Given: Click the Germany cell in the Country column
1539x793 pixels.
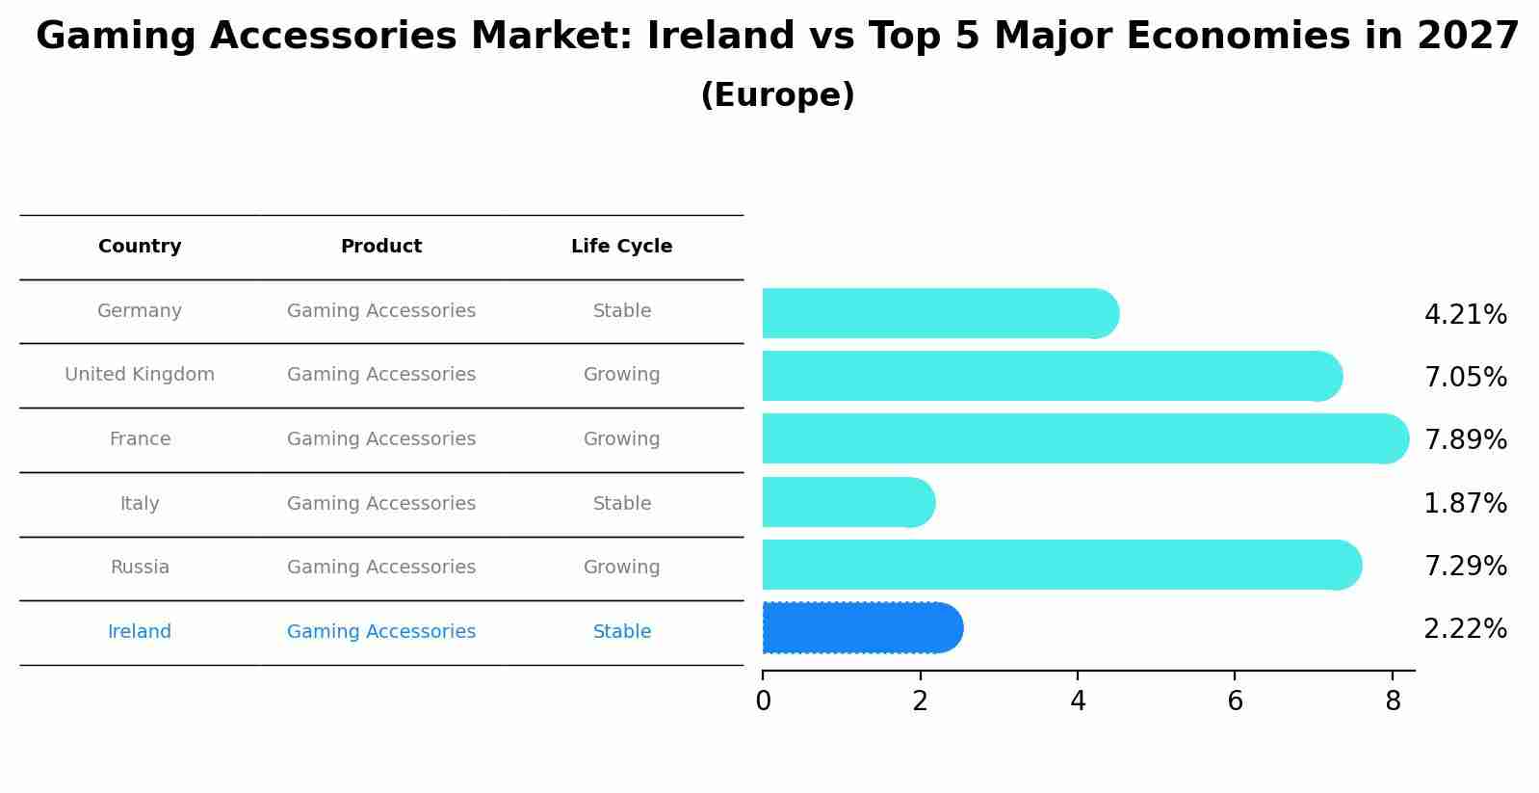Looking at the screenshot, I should [140, 311].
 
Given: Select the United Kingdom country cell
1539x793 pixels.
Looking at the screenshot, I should [140, 375].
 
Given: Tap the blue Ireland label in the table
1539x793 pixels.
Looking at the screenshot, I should [140, 632].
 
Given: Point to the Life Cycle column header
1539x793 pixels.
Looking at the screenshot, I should [621, 247].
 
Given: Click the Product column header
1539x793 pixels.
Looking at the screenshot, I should [381, 247].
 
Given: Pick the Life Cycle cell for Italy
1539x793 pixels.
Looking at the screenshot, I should [621, 504].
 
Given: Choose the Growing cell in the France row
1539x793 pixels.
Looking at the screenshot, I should [621, 439].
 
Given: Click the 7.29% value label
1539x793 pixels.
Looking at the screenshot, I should [1465, 567].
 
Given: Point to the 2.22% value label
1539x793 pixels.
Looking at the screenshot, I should [1465, 629].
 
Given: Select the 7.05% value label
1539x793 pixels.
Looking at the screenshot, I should [1465, 378].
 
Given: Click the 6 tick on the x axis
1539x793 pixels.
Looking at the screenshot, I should [1235, 701].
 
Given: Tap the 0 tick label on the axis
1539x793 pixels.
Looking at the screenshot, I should [764, 701].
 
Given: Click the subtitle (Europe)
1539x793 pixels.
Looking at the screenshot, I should [777, 95].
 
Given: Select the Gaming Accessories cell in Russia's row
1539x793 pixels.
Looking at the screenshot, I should [381, 568].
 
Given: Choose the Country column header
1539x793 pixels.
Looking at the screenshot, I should [140, 247].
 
